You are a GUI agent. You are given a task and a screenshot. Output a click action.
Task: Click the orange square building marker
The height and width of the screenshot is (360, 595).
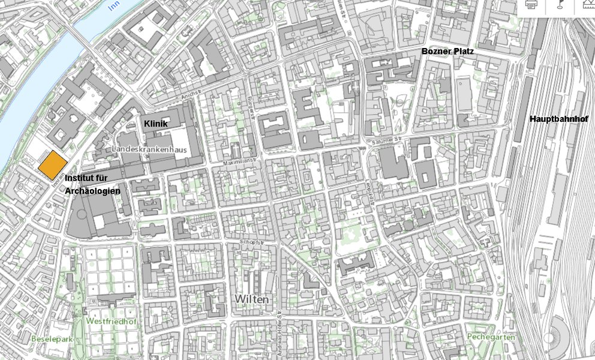point(53,164)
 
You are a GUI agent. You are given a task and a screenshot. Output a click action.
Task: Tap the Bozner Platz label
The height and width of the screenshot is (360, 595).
point(447,52)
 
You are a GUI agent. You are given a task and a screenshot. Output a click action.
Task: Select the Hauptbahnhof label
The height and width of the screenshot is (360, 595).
point(558,119)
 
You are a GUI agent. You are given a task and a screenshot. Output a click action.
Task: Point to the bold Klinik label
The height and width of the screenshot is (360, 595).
point(156,123)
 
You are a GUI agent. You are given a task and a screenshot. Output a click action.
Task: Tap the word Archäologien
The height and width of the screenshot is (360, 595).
point(92,190)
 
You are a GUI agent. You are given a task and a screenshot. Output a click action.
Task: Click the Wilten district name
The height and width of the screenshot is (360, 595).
point(252,299)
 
